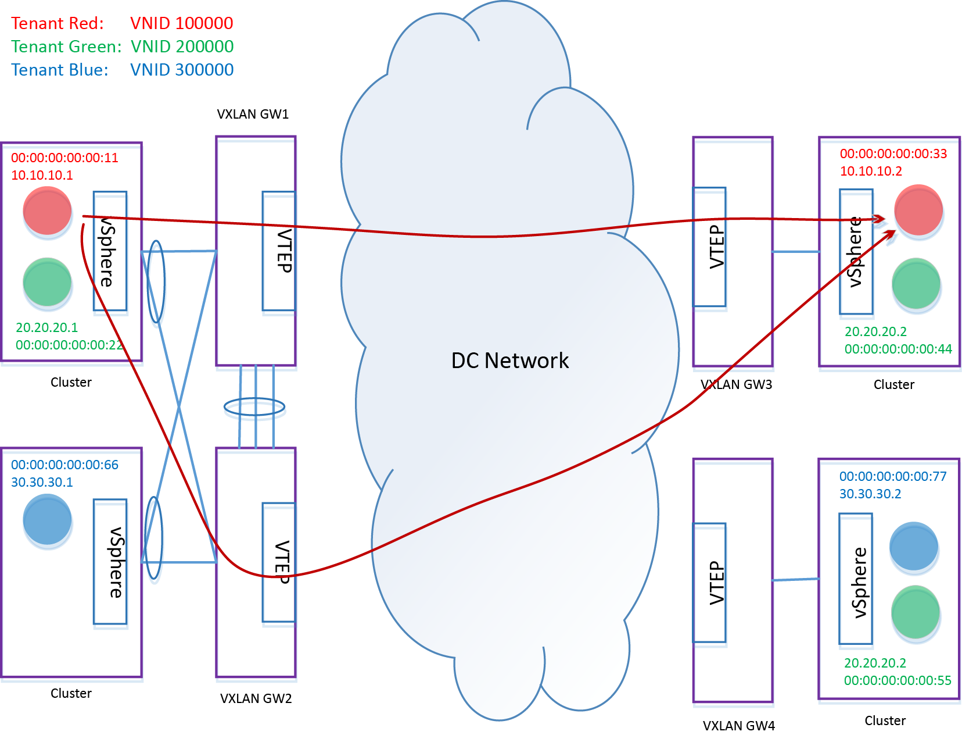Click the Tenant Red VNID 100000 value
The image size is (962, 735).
(x=181, y=23)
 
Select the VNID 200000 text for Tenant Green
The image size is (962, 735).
(x=182, y=47)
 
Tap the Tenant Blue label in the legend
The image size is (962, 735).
(x=60, y=70)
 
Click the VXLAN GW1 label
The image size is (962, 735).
(x=253, y=114)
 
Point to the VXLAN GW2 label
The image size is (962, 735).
(x=256, y=698)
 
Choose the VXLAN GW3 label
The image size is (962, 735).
(x=736, y=384)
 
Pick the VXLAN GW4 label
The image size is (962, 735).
(x=738, y=726)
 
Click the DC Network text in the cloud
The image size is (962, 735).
(x=510, y=361)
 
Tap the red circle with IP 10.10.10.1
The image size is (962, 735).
(x=48, y=212)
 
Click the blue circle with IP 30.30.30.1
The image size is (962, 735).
(x=48, y=519)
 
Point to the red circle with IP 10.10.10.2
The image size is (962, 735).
(x=918, y=210)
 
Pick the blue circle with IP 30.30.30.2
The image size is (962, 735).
(x=914, y=546)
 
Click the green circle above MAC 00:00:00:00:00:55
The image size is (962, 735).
(x=916, y=612)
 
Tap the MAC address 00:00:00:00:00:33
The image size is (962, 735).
(x=893, y=154)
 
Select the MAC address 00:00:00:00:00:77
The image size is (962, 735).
(x=892, y=476)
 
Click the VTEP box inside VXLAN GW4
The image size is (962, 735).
(x=710, y=584)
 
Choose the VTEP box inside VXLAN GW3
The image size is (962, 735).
(x=710, y=248)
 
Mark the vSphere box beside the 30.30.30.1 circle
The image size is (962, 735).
(x=110, y=563)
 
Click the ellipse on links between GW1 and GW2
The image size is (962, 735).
(x=255, y=409)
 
